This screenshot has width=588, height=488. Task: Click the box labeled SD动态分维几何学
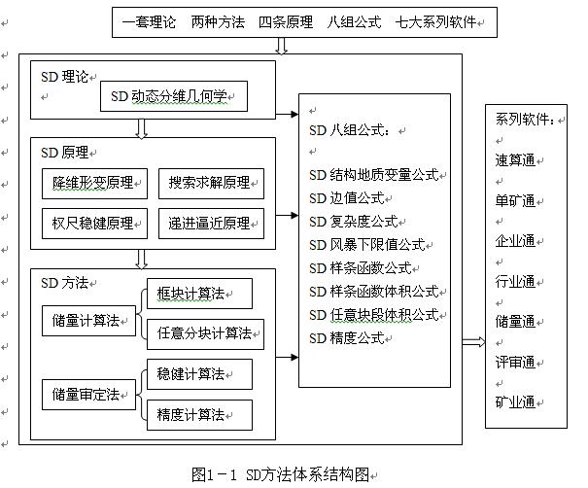tap(174, 96)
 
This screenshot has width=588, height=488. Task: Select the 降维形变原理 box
tap(94, 184)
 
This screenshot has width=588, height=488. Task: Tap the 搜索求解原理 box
tap(211, 184)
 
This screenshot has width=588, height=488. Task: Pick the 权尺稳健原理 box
tap(94, 224)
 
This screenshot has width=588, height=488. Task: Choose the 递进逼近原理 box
tap(211, 224)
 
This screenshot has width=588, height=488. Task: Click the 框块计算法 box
tap(199, 294)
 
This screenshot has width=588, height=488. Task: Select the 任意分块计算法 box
tap(205, 334)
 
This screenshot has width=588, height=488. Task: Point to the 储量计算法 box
tap(88, 321)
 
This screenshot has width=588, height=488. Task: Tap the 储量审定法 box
tap(88, 395)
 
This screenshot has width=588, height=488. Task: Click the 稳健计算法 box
tap(199, 374)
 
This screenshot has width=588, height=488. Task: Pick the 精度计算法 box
tap(199, 415)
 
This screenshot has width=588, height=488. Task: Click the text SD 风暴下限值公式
tap(367, 245)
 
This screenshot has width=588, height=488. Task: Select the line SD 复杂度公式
tap(354, 222)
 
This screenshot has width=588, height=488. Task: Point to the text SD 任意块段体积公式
tap(374, 315)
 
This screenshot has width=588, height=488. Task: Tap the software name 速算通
tap(515, 160)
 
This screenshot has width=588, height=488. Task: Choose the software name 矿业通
tap(515, 402)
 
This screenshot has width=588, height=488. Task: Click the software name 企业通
tap(515, 241)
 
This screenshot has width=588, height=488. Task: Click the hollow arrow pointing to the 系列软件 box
tap(473, 342)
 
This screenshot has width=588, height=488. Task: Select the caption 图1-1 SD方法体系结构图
tap(280, 474)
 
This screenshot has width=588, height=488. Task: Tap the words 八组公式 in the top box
tap(354, 22)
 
